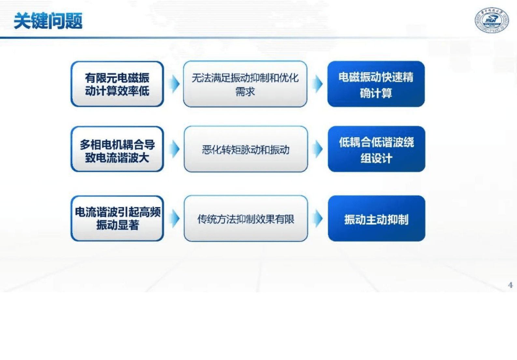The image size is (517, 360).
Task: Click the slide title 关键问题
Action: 48,21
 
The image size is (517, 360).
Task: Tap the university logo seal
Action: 491,21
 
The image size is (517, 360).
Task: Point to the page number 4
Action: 510,285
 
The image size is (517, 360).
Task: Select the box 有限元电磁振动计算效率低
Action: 117,84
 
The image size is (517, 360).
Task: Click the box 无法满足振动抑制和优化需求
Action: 245,84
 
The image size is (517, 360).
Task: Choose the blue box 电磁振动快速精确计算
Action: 376,84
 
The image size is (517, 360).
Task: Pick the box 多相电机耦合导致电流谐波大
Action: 117,149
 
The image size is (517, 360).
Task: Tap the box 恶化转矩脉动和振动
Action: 246,149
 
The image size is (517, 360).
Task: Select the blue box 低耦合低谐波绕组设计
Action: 376,149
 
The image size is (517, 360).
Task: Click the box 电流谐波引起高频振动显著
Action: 117,218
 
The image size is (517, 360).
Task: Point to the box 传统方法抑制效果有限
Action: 246,218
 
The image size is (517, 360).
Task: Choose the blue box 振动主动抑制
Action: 376,218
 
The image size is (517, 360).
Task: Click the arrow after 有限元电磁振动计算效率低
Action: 175,84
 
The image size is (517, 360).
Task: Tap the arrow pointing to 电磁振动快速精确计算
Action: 318,84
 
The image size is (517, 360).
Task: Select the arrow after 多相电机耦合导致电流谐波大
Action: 175,149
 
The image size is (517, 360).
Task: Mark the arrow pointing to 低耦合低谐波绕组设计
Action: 318,149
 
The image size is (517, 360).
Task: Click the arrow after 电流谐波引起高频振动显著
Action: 175,218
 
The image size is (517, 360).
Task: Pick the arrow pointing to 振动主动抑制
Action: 318,218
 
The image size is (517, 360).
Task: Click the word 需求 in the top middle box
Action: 245,92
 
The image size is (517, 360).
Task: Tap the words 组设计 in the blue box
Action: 376,159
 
